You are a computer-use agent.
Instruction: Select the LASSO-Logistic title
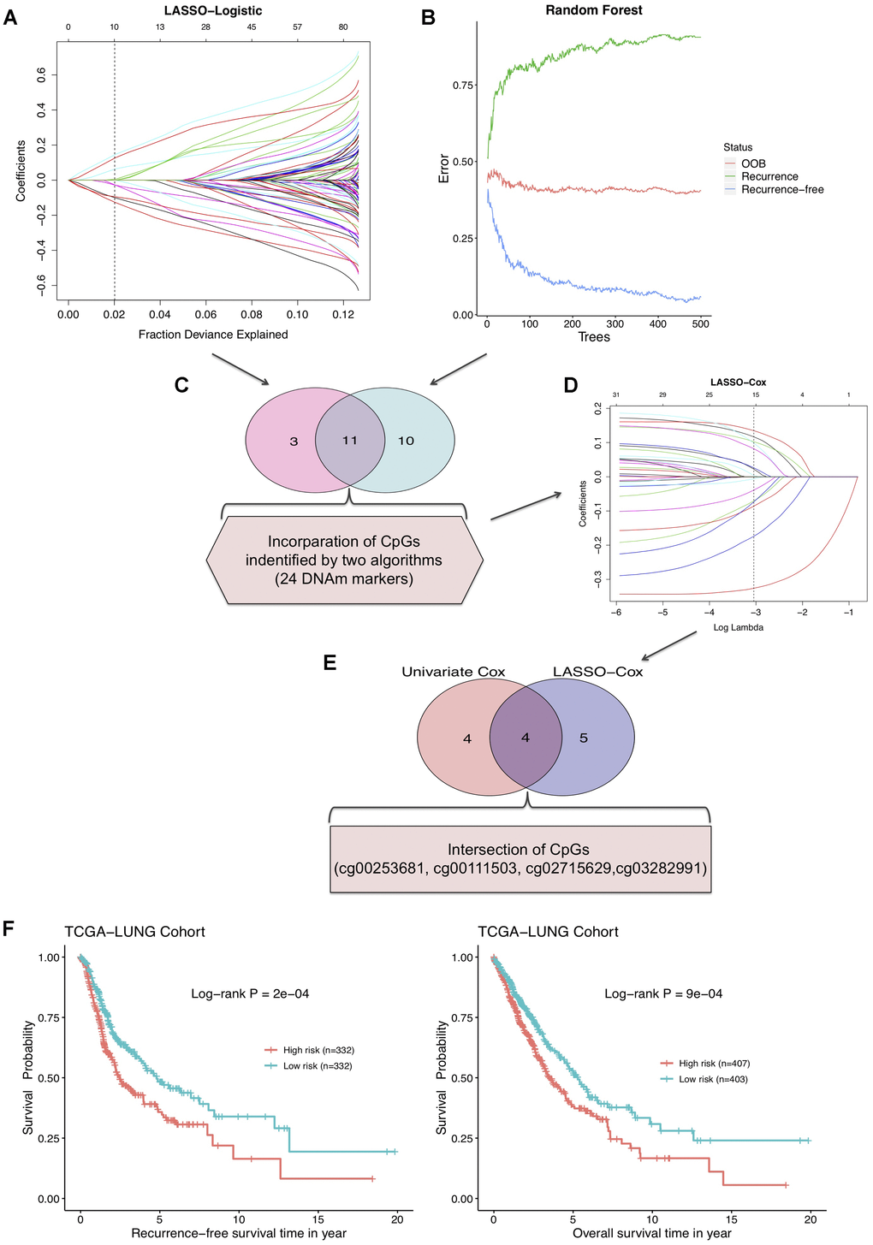pos(212,11)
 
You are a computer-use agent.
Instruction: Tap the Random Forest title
pos(594,10)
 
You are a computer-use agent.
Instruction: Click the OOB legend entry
pos(753,163)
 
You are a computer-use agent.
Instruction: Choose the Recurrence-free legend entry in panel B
pos(782,189)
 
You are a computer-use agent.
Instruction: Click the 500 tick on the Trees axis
pos(700,324)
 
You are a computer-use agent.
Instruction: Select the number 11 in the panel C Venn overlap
pos(349,441)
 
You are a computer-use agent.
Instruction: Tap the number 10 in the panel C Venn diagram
pos(406,441)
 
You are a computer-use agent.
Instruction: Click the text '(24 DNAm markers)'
pos(345,579)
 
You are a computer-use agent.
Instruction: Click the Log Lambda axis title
pos(738,627)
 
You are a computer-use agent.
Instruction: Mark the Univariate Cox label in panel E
pos(454,672)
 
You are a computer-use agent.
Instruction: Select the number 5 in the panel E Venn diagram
pos(584,738)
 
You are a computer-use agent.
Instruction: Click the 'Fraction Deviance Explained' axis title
pos(213,335)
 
